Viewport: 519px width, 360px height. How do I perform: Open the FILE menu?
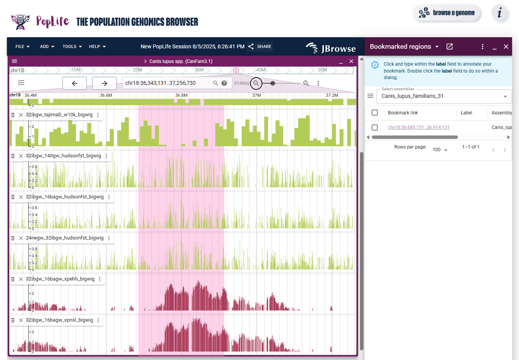tap(22, 46)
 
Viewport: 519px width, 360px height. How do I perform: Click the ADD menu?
tap(47, 46)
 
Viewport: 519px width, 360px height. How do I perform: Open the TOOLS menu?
tap(72, 46)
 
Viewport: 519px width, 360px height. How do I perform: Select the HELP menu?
tap(97, 46)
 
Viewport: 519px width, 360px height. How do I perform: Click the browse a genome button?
tap(447, 13)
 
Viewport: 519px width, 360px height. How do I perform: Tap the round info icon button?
tap(500, 13)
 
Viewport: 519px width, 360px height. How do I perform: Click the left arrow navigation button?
tap(75, 83)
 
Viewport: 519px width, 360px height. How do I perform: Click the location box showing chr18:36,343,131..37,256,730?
tap(167, 83)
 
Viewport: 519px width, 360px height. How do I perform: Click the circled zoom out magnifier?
tap(256, 83)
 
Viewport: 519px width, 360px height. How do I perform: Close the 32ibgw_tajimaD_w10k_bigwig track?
tap(21, 115)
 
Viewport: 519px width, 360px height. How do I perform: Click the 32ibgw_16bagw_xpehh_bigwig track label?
tap(60, 279)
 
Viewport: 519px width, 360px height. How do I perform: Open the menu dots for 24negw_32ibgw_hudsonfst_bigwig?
tap(109, 238)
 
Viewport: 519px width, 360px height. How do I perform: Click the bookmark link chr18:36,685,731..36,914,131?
tap(418, 127)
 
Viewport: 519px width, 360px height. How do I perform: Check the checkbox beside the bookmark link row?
tap(375, 127)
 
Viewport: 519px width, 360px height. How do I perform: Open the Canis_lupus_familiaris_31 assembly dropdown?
tap(444, 96)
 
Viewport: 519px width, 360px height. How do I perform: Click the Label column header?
tap(466, 113)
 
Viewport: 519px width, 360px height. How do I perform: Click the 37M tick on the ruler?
tap(257, 95)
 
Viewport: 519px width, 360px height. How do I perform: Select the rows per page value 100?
tap(440, 150)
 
